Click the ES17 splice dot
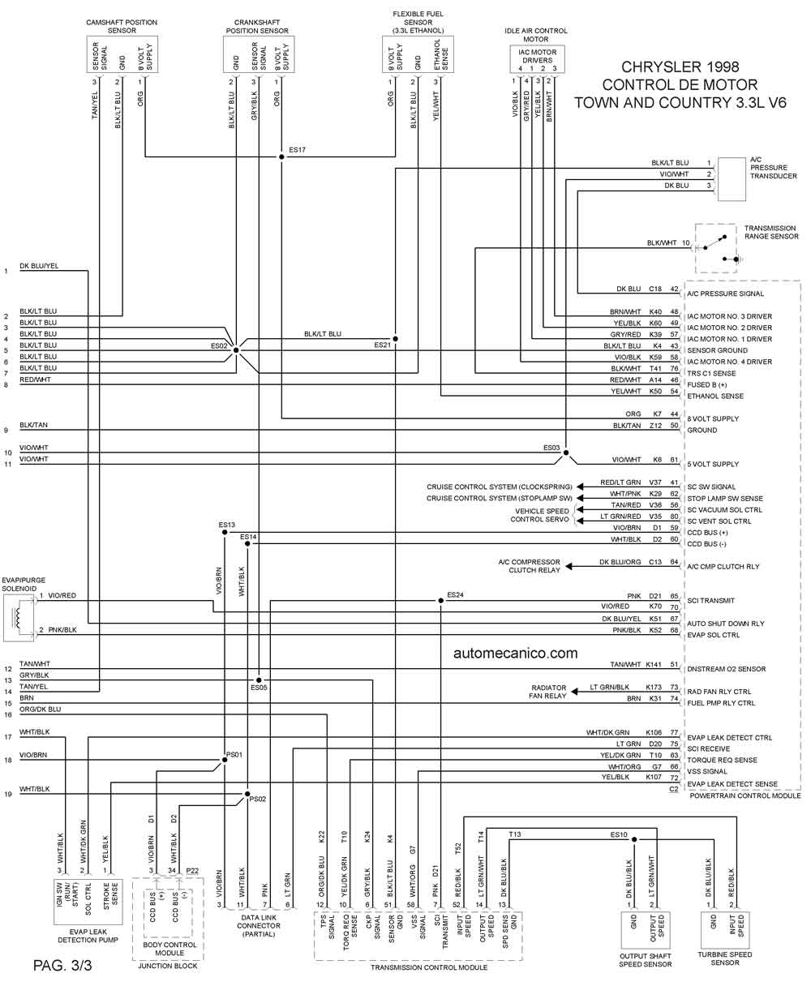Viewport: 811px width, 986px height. pos(281,156)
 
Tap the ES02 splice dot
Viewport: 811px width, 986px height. pos(236,350)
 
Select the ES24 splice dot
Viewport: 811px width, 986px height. pos(440,600)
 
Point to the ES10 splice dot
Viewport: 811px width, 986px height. pos(634,840)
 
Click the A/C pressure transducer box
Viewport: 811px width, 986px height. pos(732,179)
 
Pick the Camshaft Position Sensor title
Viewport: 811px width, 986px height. pos(122,26)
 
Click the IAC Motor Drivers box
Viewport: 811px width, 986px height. pos(537,59)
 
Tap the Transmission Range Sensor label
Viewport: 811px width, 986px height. pos(771,232)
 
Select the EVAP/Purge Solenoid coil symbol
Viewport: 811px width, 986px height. pos(18,618)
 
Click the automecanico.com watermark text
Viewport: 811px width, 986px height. pos(516,653)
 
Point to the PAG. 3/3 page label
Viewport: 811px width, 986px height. pos(62,965)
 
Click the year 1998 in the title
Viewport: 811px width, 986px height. pos(719,66)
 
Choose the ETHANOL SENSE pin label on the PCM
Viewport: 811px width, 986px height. pos(715,396)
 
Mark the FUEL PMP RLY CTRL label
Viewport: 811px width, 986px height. pos(721,703)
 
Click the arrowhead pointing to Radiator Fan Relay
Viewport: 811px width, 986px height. pos(574,692)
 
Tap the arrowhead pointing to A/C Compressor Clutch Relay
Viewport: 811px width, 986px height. pos(569,567)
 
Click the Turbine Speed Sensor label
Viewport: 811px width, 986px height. pos(725,958)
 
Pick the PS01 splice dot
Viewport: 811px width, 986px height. pos(225,760)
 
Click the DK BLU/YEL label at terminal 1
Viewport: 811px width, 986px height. pos(39,265)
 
